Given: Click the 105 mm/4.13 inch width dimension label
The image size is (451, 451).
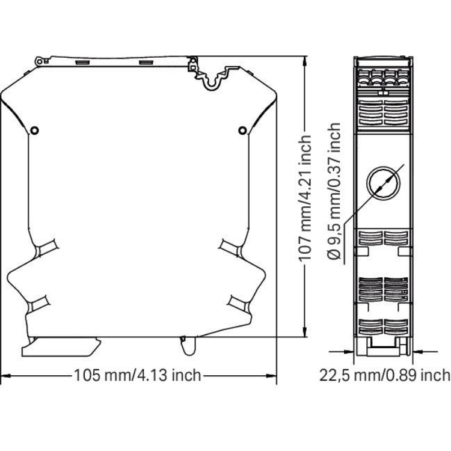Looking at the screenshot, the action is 138,375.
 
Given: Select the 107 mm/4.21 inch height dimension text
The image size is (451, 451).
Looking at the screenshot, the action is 305,198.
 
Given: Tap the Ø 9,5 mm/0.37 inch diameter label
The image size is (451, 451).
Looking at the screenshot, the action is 334,191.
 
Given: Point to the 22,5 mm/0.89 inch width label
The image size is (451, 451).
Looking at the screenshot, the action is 385,375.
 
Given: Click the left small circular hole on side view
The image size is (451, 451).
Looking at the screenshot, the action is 34,130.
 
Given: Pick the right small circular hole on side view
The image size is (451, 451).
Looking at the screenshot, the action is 242,130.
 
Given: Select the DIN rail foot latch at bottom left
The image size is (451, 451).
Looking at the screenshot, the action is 61,347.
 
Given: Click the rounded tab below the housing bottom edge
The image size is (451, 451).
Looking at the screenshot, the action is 189,346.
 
